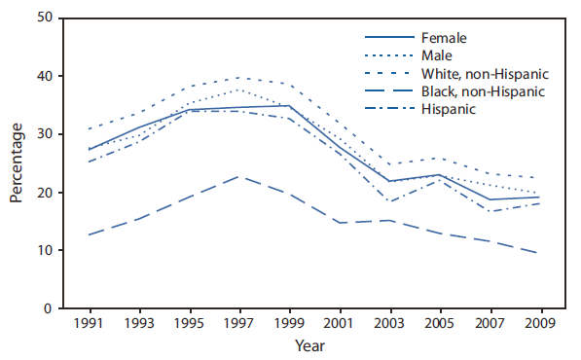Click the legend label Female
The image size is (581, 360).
[445, 38]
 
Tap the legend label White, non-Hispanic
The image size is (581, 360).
[484, 74]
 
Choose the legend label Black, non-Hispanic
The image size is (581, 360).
[483, 91]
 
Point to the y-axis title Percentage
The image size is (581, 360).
[17, 162]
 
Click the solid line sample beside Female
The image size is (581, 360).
[385, 38]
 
